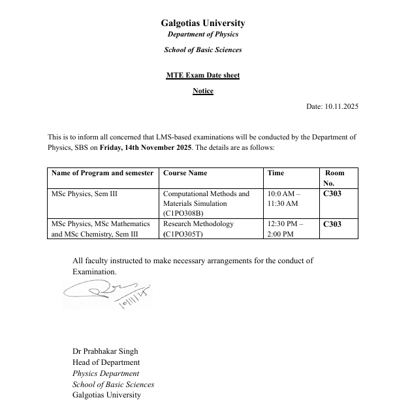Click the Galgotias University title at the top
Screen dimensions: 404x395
pos(202,23)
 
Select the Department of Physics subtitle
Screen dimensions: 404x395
pos(202,35)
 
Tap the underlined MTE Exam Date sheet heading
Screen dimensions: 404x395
pos(202,75)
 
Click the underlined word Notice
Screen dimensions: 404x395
pos(202,91)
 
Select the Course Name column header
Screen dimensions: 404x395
pos(185,173)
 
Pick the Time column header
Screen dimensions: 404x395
pos(276,173)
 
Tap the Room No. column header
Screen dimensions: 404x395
pos(334,178)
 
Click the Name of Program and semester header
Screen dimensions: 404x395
pos(103,173)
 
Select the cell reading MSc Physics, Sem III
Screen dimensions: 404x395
pos(84,194)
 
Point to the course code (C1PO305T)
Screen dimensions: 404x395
pos(183,233)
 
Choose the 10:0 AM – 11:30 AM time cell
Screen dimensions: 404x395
pos(283,198)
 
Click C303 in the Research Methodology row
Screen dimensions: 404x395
pos(332,224)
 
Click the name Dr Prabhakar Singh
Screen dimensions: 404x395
pos(105,352)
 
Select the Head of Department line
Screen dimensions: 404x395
pos(106,362)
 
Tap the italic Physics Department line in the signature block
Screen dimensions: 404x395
pos(106,373)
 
